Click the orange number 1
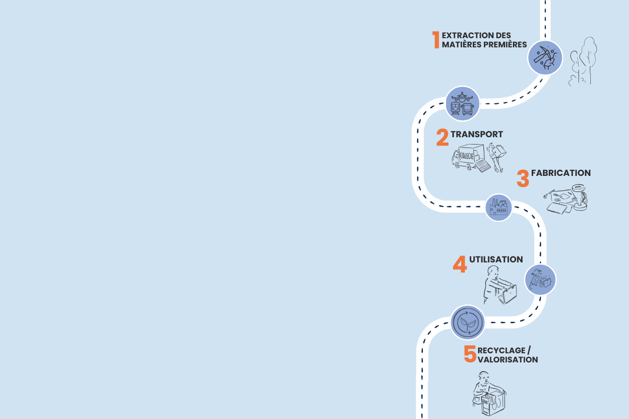point(436,40)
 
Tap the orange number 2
point(442,138)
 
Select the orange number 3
point(523,178)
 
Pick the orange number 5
point(470,354)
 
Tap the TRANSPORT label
point(477,134)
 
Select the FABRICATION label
point(561,173)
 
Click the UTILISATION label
point(496,260)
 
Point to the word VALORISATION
point(508,360)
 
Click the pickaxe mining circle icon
point(545,58)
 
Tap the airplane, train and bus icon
point(462,103)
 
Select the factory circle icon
point(498,207)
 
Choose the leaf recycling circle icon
point(467,322)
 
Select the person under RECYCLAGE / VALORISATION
point(489,394)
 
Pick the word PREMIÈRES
point(505,44)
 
